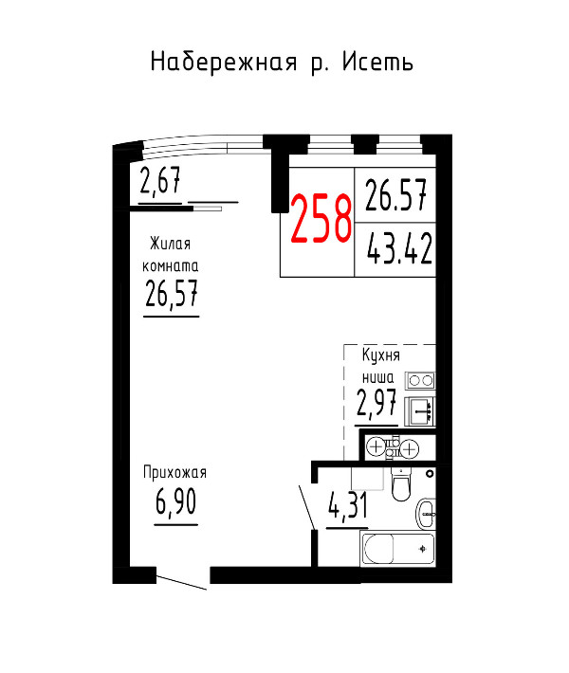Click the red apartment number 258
tap(321, 219)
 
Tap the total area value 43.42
tap(399, 249)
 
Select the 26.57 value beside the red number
tap(396, 195)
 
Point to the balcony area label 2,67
tap(160, 181)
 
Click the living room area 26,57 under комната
tap(172, 294)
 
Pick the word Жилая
tap(170, 244)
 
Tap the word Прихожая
tap(174, 473)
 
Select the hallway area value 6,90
tap(175, 501)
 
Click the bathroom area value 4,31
tap(348, 505)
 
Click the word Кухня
tap(381, 355)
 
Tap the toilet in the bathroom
tap(402, 484)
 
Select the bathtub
tap(397, 549)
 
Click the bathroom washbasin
tap(426, 514)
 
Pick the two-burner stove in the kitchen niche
tap(421, 381)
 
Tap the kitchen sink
tap(421, 411)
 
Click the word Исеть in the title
tap(377, 63)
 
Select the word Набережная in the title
tap(224, 63)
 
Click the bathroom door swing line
tap(307, 508)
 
